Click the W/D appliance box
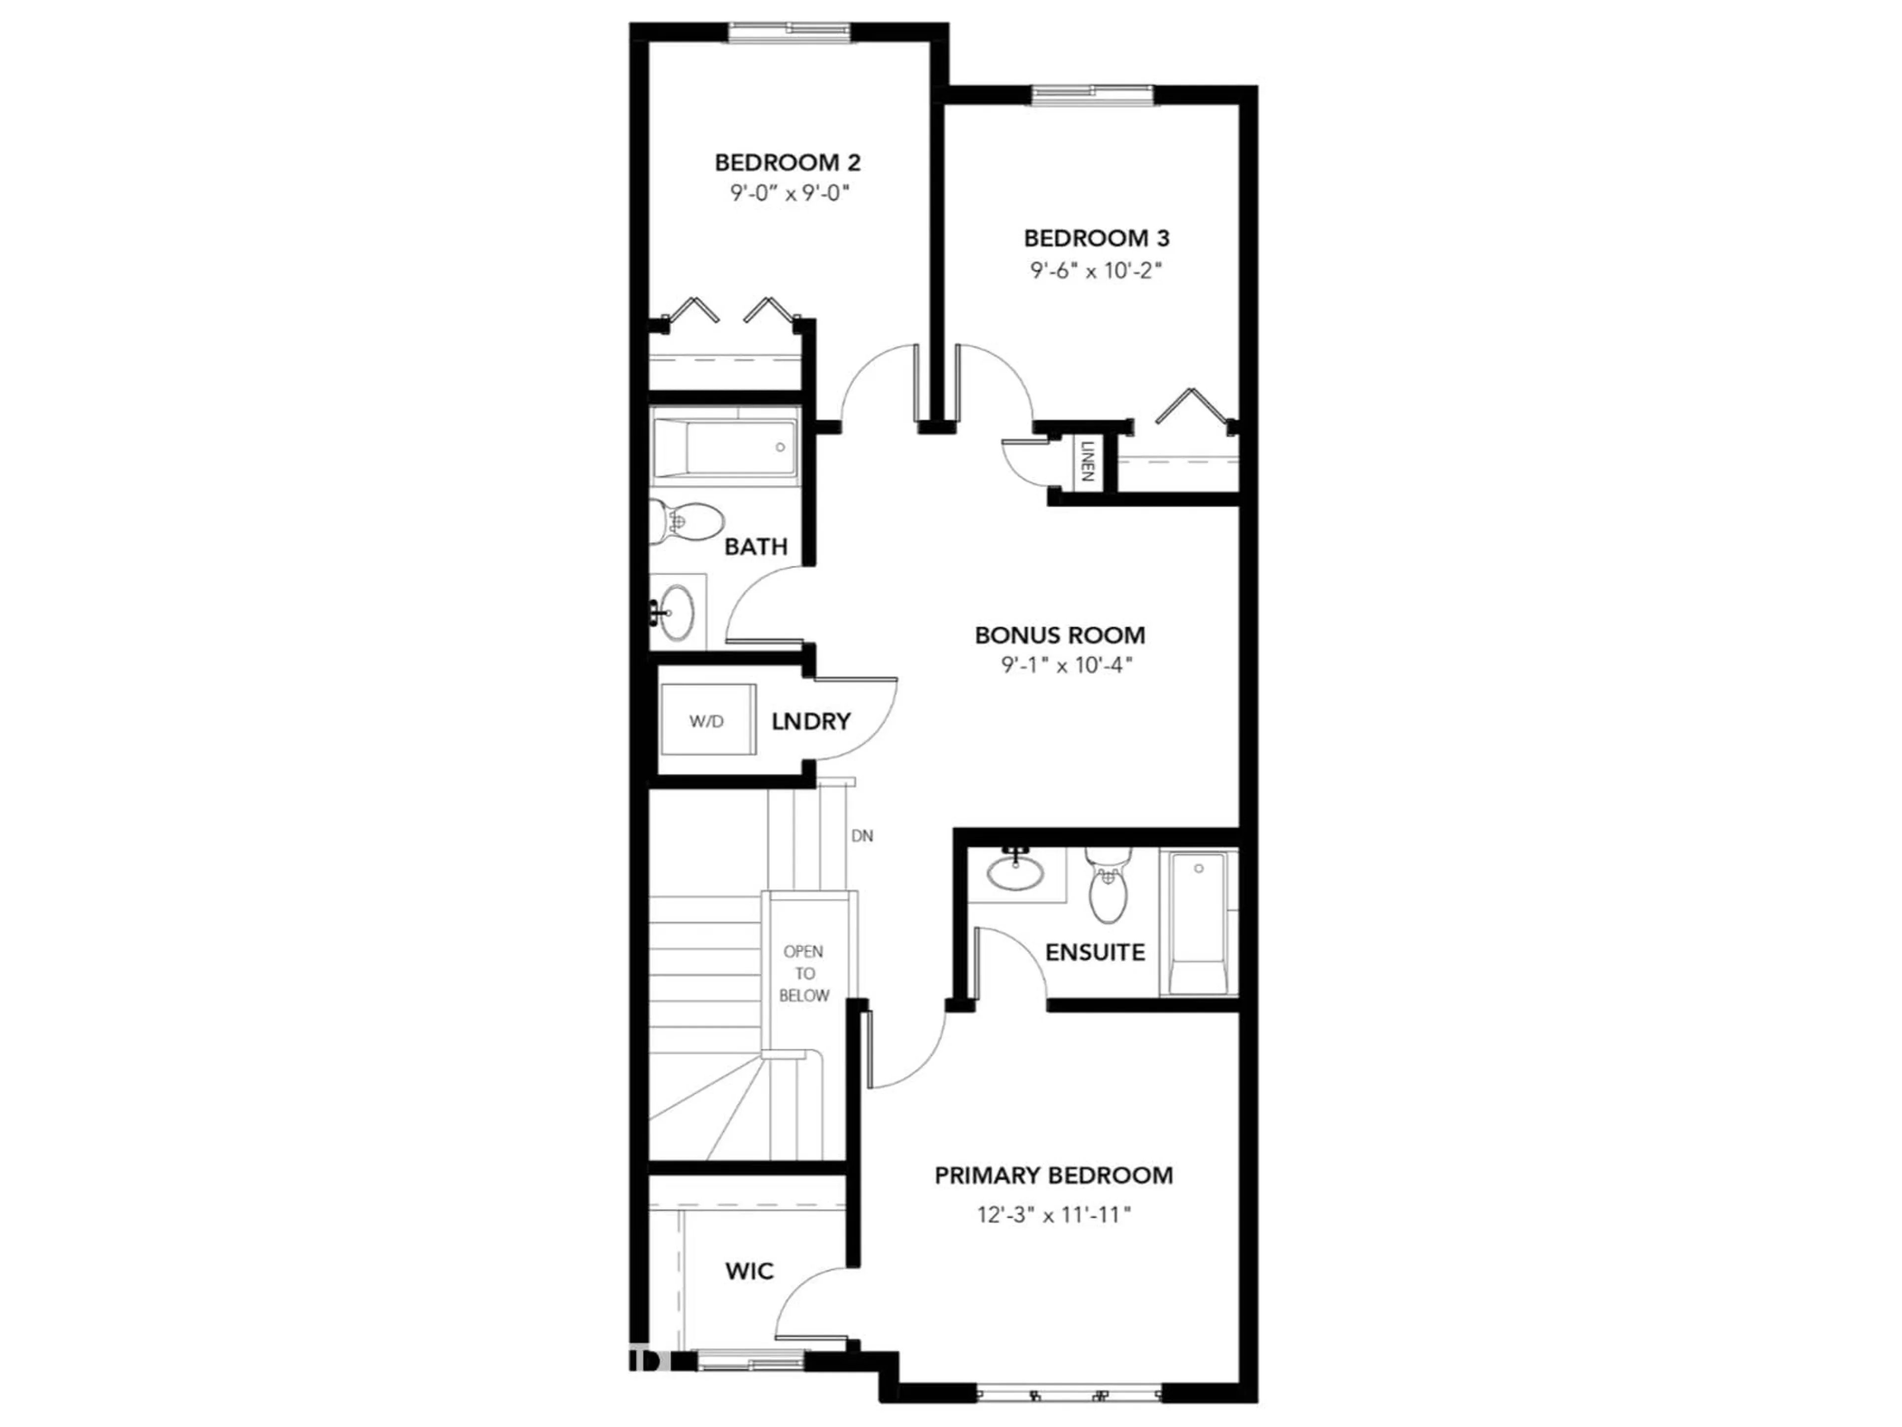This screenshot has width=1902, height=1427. (x=707, y=721)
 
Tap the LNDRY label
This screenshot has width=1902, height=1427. (x=811, y=721)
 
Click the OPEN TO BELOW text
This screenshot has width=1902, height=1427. (x=804, y=974)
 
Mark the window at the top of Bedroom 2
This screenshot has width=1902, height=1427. (x=790, y=33)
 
